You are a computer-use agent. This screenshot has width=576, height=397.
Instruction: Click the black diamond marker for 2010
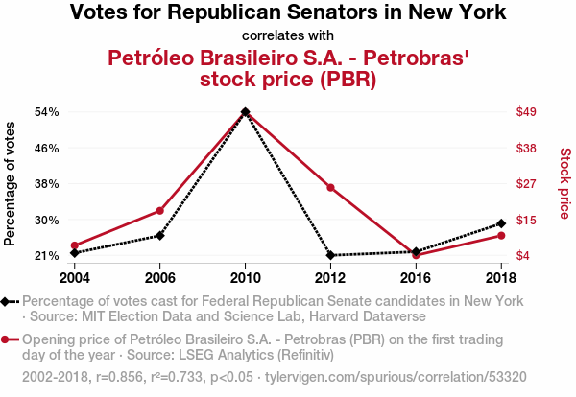pyautogui.click(x=246, y=111)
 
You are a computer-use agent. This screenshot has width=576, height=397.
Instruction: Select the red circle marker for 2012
pyautogui.click(x=330, y=188)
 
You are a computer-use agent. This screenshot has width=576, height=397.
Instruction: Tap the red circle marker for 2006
pyautogui.click(x=159, y=211)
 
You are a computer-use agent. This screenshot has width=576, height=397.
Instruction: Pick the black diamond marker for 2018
pyautogui.click(x=501, y=223)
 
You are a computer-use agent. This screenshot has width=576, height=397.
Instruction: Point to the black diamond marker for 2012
pyautogui.click(x=330, y=255)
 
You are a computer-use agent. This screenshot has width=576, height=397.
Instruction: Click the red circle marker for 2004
pyautogui.click(x=75, y=245)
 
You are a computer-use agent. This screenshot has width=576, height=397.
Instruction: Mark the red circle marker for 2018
pyautogui.click(x=501, y=236)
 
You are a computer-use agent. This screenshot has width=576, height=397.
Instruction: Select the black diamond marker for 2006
pyautogui.click(x=159, y=236)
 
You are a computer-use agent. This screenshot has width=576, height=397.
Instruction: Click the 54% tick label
pyautogui.click(x=47, y=112)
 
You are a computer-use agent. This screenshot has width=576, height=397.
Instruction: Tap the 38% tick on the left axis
pyautogui.click(x=47, y=184)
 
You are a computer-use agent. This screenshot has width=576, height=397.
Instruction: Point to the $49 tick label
pyautogui.click(x=526, y=111)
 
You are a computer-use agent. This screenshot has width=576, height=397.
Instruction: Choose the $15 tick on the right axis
pyautogui.click(x=526, y=221)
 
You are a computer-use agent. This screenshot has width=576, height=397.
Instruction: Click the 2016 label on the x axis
pyautogui.click(x=416, y=278)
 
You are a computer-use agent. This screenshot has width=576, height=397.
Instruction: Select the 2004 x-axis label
pyautogui.click(x=75, y=278)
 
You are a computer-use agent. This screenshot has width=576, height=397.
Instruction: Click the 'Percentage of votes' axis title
pyautogui.click(x=10, y=184)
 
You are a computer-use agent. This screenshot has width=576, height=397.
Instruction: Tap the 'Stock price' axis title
pyautogui.click(x=565, y=183)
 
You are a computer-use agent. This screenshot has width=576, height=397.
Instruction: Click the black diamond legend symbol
pyautogui.click(x=5, y=302)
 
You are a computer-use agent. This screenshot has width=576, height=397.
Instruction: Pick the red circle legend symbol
pyautogui.click(x=5, y=339)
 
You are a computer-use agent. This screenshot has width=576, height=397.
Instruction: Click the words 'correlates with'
pyautogui.click(x=288, y=35)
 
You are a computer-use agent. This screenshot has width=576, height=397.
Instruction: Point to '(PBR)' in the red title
pyautogui.click(x=348, y=80)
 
